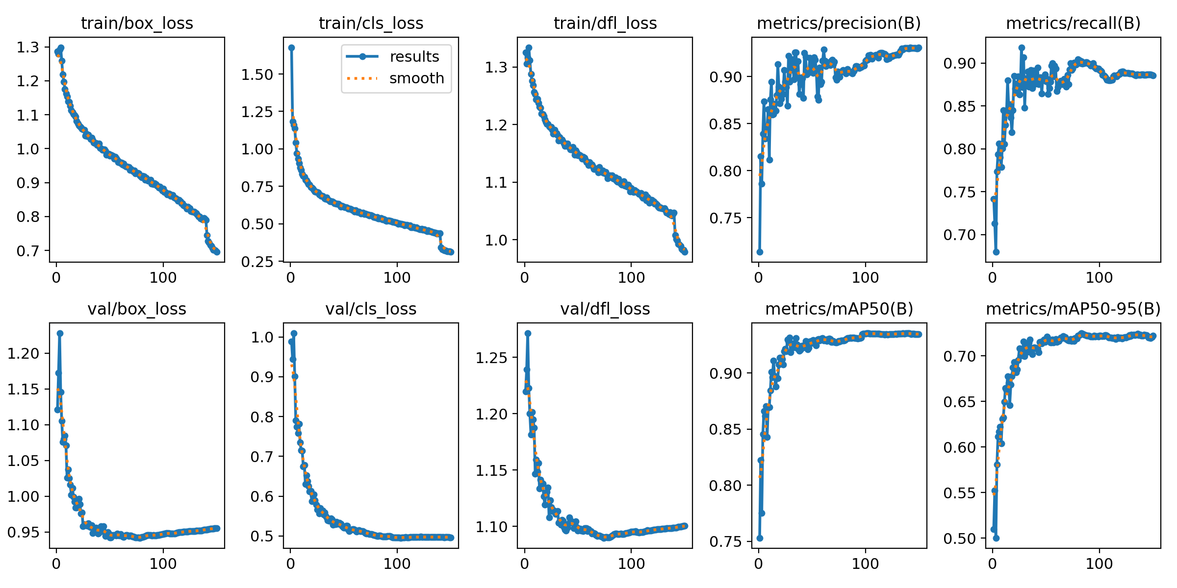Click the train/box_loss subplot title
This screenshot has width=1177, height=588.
pyautogui.click(x=137, y=24)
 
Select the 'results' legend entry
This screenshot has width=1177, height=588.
pyautogui.click(x=414, y=57)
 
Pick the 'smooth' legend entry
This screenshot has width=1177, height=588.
pyautogui.click(x=416, y=78)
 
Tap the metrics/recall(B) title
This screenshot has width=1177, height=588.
pyautogui.click(x=1073, y=24)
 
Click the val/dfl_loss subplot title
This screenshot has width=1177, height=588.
pyautogui.click(x=605, y=309)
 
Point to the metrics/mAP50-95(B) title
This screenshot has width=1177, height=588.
pyautogui.click(x=1073, y=309)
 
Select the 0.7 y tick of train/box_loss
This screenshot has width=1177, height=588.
pyautogui.click(x=27, y=251)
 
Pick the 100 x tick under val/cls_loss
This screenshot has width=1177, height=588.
pyautogui.click(x=397, y=563)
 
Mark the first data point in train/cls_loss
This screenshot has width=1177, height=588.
pyautogui.click(x=291, y=48)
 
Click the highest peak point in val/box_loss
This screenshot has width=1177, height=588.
pyautogui.click(x=60, y=333)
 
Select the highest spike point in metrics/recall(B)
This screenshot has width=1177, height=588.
pyautogui.click(x=1022, y=48)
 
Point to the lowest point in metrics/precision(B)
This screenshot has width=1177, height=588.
pyautogui.click(x=760, y=252)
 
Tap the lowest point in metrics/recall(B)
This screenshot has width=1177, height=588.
pyautogui.click(x=996, y=252)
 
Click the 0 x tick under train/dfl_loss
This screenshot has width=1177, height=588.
pyautogui.click(x=525, y=278)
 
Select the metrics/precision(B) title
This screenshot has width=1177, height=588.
pyautogui.click(x=839, y=24)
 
